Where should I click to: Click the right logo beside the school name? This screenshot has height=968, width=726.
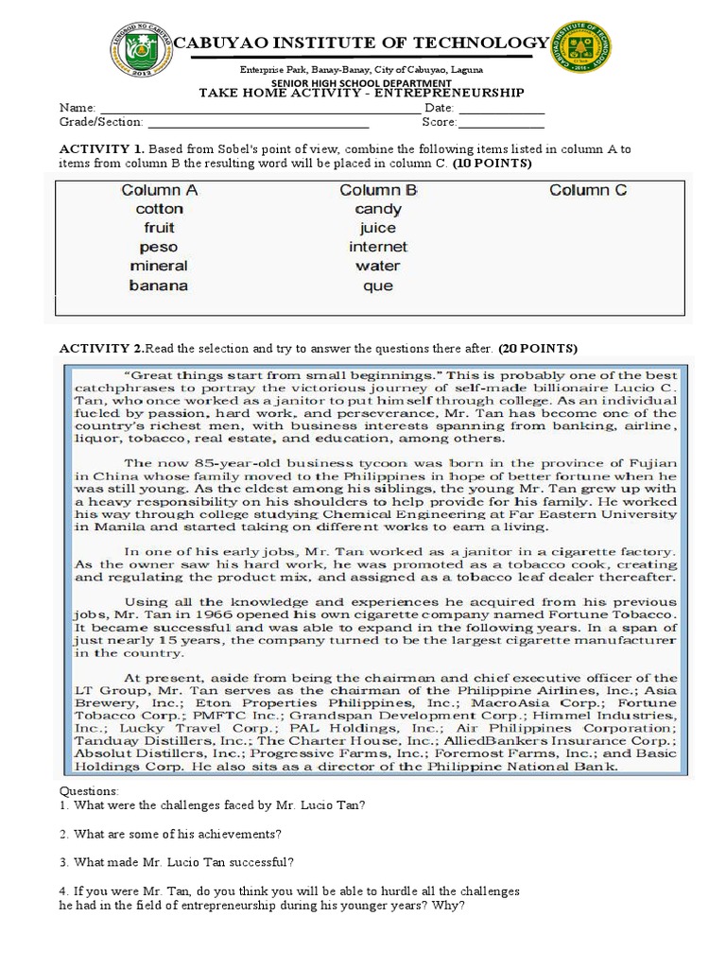579,46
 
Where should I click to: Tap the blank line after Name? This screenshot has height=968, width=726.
259,109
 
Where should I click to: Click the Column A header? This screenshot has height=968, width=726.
159,190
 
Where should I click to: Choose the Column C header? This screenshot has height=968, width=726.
588,190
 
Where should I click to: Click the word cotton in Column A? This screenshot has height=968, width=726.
159,209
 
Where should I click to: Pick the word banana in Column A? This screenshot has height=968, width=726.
159,285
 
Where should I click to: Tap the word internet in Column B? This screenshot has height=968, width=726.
377,248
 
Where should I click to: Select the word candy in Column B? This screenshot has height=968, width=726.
378,209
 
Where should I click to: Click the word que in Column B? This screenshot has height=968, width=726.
377,285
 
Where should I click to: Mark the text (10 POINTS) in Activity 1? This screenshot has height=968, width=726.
492,164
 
